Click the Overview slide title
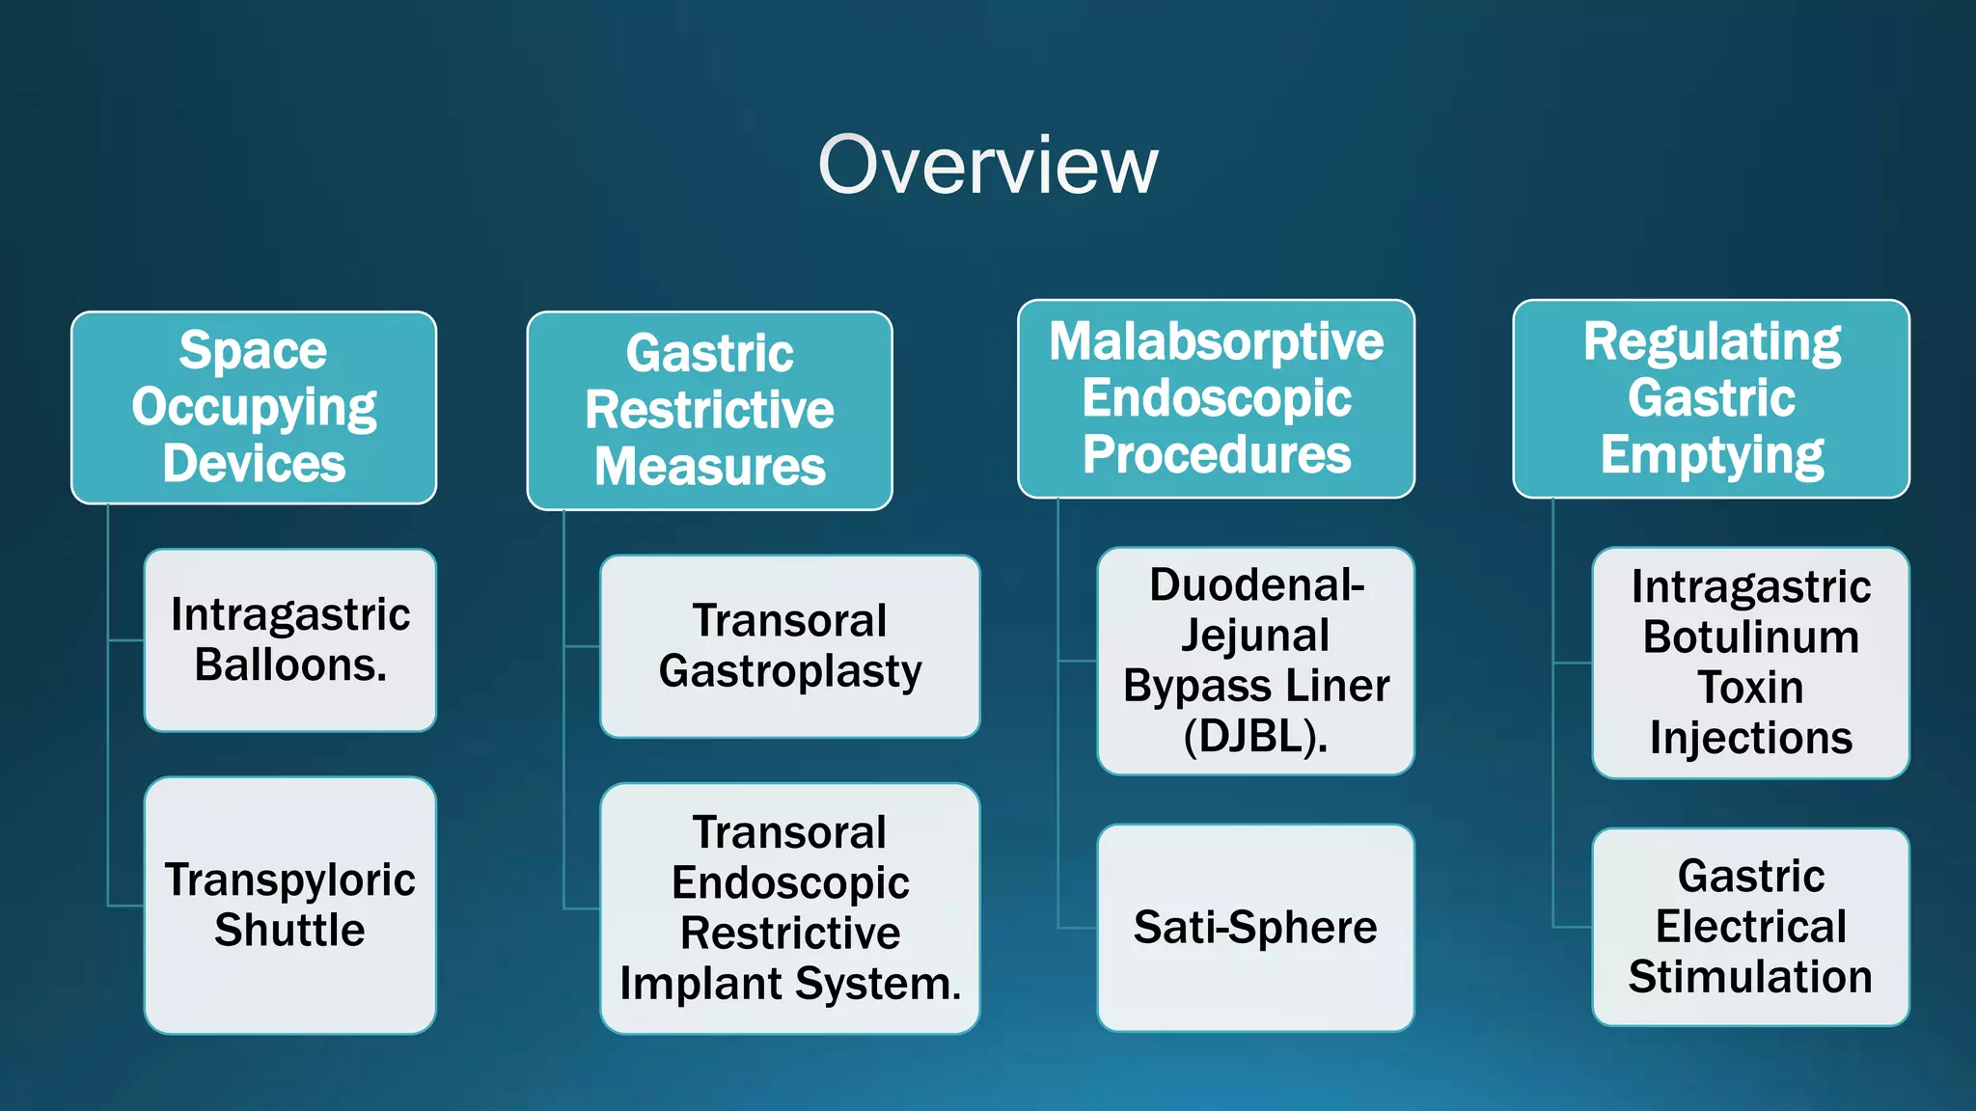(x=987, y=166)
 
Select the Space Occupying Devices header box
(x=254, y=407)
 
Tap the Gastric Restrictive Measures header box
(x=709, y=411)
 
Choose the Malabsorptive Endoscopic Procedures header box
(x=1216, y=398)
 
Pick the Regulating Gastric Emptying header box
(x=1711, y=398)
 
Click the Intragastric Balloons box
(x=289, y=640)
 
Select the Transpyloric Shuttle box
(x=289, y=905)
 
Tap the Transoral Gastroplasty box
(x=789, y=646)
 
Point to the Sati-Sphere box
(x=1255, y=927)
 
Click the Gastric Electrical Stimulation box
(x=1750, y=926)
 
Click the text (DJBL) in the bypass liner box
(x=1255, y=737)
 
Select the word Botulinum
(x=1750, y=637)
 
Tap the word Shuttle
(x=289, y=931)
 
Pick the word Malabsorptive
(x=1216, y=341)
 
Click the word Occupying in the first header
(x=254, y=408)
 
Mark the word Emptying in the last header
(x=1711, y=455)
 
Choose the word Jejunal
(x=1255, y=636)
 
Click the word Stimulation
(x=1750, y=976)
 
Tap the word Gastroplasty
(x=789, y=671)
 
